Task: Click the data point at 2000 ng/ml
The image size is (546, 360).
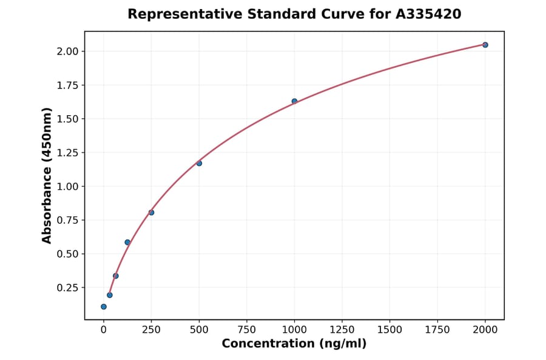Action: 485,45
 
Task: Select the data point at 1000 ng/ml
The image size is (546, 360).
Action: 294,101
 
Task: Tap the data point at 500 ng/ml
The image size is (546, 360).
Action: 199,163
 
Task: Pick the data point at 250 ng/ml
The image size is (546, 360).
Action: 151,212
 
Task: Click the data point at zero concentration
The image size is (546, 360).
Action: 104,307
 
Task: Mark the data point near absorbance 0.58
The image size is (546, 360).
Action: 127,242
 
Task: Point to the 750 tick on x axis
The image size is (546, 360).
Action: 246,330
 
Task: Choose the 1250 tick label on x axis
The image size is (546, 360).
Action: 342,330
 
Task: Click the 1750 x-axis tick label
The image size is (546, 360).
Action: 437,330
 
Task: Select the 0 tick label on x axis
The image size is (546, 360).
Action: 104,330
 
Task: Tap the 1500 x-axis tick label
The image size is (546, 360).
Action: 389,330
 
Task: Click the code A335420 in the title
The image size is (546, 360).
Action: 428,14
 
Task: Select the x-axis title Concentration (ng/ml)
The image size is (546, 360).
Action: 294,344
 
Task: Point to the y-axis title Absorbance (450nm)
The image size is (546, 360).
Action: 47,176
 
